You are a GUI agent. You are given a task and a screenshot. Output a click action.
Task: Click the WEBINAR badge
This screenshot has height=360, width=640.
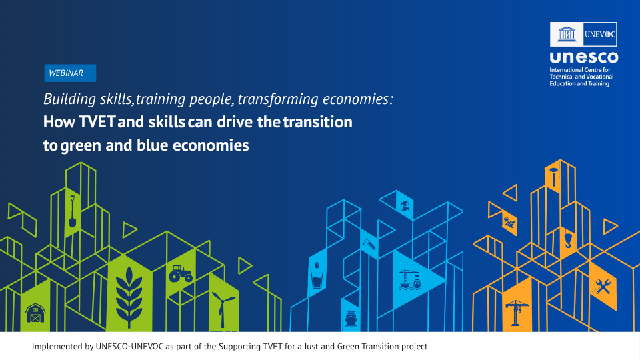click(70, 73)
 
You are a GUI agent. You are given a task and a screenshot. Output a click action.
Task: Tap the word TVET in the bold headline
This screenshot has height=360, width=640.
click(97, 122)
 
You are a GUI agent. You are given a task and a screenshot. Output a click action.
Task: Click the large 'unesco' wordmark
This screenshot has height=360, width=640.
click(584, 57)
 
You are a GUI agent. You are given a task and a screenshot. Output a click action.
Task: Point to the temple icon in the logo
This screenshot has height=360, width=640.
click(567, 34)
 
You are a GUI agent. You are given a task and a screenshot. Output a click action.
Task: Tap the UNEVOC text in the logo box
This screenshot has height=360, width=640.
click(599, 34)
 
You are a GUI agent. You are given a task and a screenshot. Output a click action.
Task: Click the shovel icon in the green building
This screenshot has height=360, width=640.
click(72, 211)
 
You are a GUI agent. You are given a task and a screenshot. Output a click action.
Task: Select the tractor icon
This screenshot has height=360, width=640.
click(181, 273)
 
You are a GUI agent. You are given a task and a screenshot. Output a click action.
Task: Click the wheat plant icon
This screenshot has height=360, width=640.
click(129, 297)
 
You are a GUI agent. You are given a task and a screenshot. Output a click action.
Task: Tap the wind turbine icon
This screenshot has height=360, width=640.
click(223, 309)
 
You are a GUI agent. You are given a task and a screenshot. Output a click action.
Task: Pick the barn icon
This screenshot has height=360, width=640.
click(35, 313)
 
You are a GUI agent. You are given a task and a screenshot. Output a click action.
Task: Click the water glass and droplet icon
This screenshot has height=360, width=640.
click(317, 276)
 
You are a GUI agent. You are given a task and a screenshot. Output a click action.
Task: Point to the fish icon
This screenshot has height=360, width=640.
click(404, 206)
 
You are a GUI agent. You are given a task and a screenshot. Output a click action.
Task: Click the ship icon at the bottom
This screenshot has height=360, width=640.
click(351, 319)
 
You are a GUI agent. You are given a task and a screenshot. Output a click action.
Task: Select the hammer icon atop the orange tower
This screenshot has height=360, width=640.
click(553, 176)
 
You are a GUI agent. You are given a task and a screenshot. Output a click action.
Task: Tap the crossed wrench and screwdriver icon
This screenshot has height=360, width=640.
click(603, 287)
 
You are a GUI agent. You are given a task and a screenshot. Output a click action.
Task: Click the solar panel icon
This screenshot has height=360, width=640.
click(509, 223)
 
